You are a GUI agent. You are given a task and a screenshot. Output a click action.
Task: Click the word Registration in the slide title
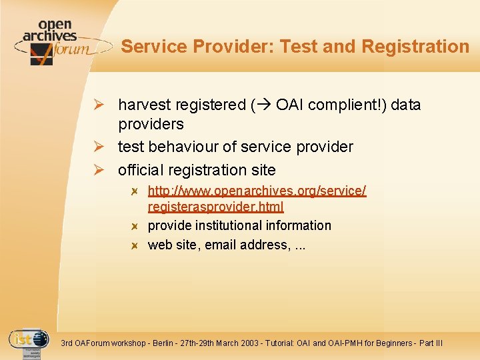point(415,47)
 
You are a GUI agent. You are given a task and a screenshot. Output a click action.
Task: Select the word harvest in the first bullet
point(144,105)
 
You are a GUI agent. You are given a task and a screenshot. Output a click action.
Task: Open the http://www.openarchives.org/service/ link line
point(257,191)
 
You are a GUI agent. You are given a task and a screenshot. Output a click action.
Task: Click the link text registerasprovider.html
point(215,207)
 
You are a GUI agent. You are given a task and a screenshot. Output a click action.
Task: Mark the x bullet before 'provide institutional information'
point(134,226)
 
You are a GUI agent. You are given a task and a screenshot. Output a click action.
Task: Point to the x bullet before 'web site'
point(134,245)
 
